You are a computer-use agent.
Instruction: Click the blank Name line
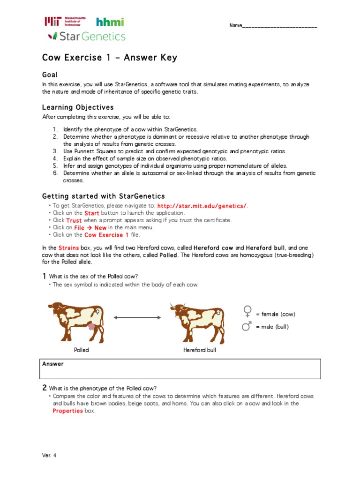click(x=279, y=25)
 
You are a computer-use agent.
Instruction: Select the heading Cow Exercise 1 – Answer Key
click(x=110, y=58)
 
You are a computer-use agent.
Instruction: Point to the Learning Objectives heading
click(x=78, y=107)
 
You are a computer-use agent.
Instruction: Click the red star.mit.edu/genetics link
click(x=202, y=206)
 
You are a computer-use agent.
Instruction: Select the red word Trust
click(x=74, y=220)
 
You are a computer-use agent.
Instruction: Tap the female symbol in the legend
click(x=247, y=312)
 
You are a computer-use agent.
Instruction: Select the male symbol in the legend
click(x=247, y=326)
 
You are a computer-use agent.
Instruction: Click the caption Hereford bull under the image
click(x=199, y=350)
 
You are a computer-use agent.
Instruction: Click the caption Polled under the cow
click(x=81, y=350)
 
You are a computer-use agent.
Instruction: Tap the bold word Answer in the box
click(x=53, y=364)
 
